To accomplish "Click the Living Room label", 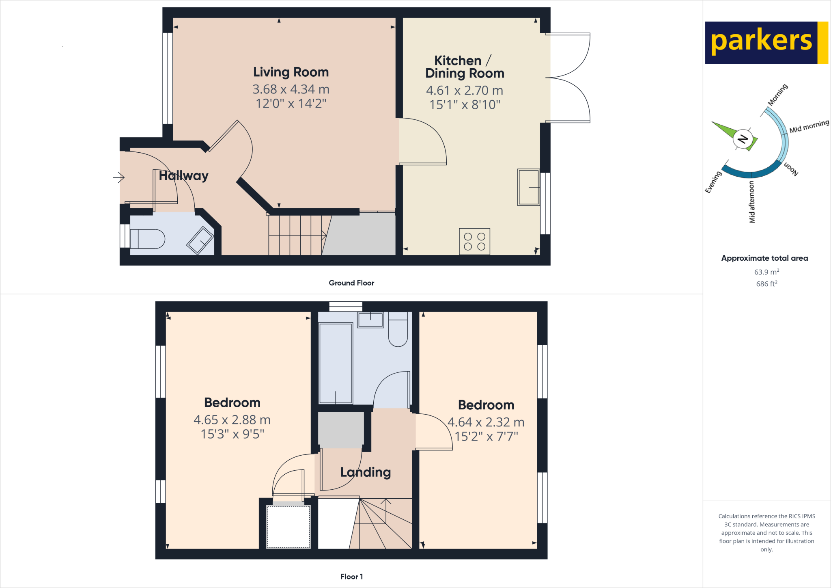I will click(x=291, y=72).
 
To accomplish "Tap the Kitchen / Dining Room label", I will click(x=465, y=67).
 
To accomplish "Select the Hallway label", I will click(x=183, y=175).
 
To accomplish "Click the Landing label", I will click(x=365, y=472).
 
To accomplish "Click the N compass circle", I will click(x=743, y=139).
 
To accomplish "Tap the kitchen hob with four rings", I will click(x=474, y=241).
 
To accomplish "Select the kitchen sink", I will click(x=528, y=187).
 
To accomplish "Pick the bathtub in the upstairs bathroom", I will click(x=336, y=363).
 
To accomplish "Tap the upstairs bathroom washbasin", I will click(x=370, y=320).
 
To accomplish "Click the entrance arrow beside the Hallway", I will click(x=118, y=177).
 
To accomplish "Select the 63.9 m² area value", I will click(x=766, y=272).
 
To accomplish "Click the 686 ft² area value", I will click(x=766, y=283).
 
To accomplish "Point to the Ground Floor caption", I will click(x=351, y=283).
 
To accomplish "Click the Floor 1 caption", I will click(x=351, y=576).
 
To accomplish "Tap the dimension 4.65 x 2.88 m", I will click(x=232, y=419).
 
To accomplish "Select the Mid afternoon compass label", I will click(x=752, y=202).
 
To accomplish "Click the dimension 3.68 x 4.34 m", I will click(x=291, y=89).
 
